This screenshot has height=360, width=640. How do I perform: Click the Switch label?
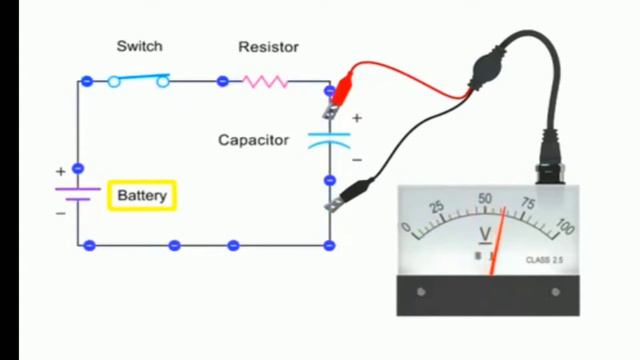tap(139, 46)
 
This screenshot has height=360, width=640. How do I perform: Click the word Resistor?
tap(268, 46)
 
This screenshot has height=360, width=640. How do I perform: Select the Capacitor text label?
tap(253, 140)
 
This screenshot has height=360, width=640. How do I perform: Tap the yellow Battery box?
tap(142, 195)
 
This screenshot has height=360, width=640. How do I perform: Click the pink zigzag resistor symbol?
tap(266, 81)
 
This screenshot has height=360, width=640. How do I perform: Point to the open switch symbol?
tap(138, 80)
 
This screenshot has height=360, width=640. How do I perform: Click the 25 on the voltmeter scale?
tap(436, 207)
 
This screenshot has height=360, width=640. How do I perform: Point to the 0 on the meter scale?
tap(406, 227)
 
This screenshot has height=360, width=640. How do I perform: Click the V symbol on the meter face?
tap(486, 235)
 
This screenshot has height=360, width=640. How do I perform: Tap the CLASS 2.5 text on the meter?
tap(546, 260)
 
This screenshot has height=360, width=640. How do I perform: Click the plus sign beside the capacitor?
tap(357, 118)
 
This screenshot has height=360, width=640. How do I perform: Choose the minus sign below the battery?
tap(60, 212)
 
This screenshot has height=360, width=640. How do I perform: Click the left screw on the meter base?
tap(421, 292)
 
